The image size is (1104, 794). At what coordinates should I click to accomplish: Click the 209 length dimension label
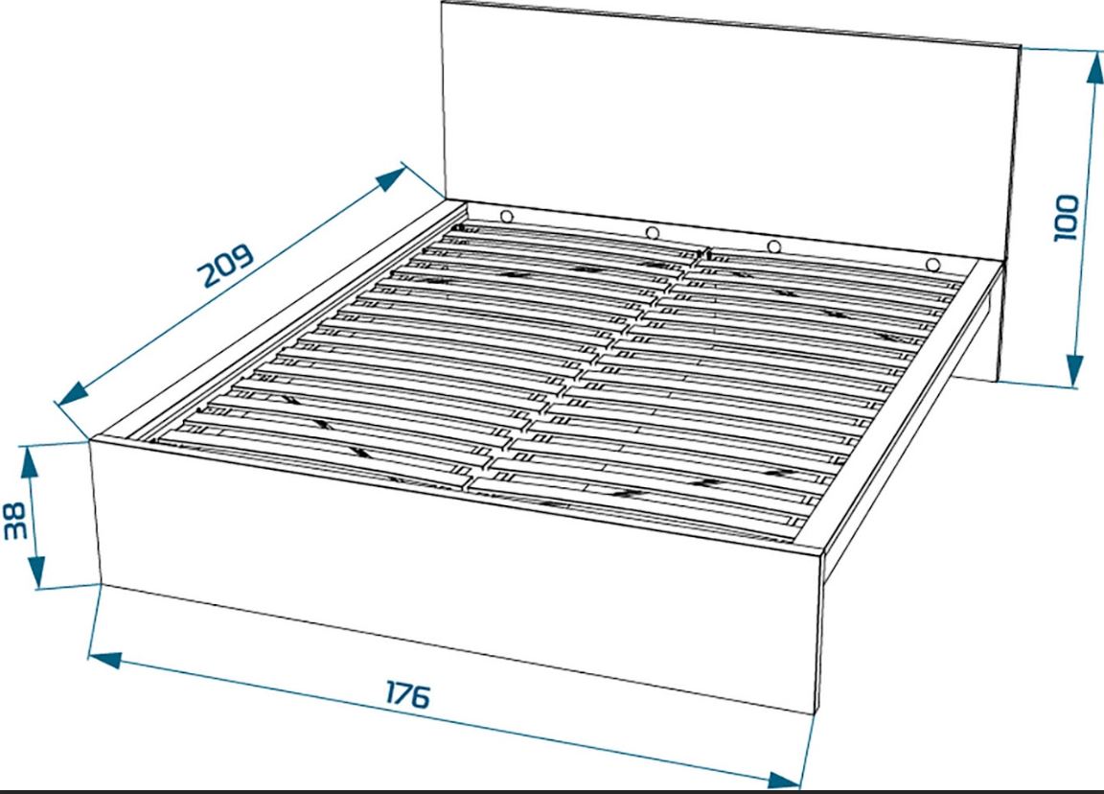(227, 266)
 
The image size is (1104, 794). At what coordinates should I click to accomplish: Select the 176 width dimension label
(407, 694)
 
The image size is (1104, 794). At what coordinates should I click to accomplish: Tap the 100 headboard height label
(1066, 218)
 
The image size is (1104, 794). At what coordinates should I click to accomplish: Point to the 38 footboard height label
(15, 520)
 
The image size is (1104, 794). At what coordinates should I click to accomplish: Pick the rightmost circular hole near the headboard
(932, 266)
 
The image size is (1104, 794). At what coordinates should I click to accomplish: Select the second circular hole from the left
(652, 232)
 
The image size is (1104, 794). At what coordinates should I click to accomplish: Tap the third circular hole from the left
(773, 246)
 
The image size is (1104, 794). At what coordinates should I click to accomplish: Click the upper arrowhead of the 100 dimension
(1097, 70)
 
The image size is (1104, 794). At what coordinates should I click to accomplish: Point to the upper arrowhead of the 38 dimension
(28, 463)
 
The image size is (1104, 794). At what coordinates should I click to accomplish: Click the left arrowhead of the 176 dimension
(104, 660)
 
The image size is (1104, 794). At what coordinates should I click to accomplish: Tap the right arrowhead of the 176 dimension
(784, 780)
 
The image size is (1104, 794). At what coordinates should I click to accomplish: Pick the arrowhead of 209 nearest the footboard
(72, 393)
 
